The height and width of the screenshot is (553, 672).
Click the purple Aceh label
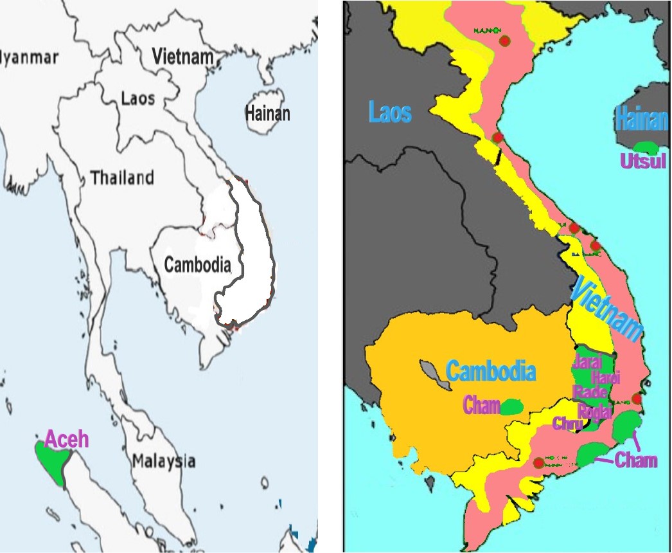click(x=67, y=440)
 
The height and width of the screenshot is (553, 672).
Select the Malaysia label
click(x=164, y=460)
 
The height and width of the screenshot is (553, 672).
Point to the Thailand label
click(x=122, y=177)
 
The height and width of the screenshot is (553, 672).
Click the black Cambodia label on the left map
click(x=197, y=264)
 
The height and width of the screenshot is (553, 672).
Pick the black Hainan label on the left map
click(x=267, y=114)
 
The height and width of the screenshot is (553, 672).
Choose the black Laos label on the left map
click(x=138, y=98)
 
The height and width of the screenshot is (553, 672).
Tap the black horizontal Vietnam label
click(x=182, y=57)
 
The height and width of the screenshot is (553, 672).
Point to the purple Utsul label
click(x=643, y=161)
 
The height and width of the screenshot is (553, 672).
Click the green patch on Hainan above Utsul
click(x=644, y=147)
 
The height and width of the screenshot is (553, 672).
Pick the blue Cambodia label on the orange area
click(x=491, y=371)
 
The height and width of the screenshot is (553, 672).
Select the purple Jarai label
click(x=587, y=361)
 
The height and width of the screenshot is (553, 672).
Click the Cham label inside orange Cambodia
click(x=482, y=406)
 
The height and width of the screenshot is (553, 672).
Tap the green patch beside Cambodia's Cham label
click(x=511, y=406)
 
